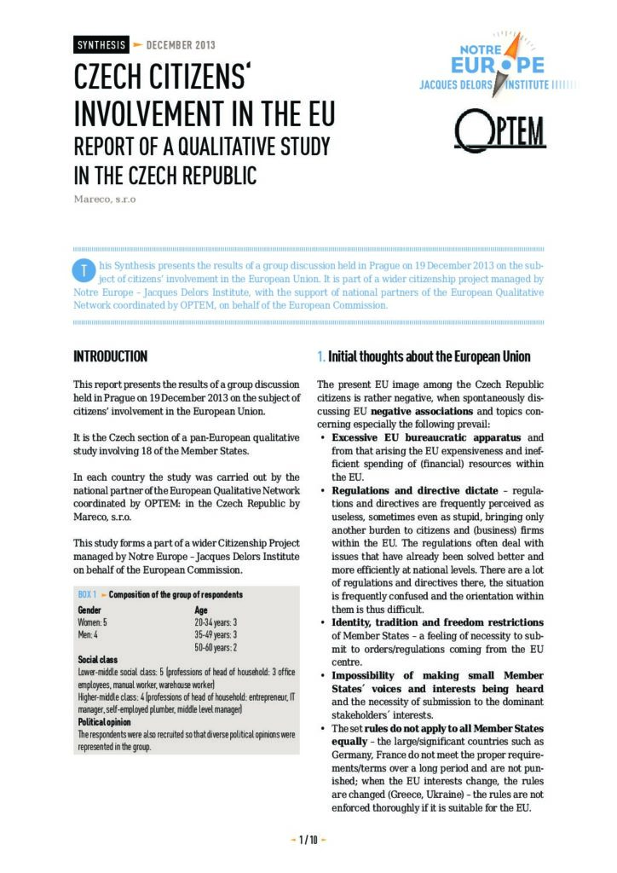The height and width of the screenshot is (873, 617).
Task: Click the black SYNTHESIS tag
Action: tap(101, 45)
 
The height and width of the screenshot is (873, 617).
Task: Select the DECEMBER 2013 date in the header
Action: tap(181, 45)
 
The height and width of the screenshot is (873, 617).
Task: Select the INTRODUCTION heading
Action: tap(110, 356)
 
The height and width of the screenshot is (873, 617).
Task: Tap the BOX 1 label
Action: tap(87, 594)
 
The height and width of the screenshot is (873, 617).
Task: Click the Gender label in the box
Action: tap(89, 610)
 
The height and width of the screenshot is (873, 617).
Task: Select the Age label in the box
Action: tap(201, 610)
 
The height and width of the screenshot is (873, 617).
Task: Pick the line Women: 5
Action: tap(93, 623)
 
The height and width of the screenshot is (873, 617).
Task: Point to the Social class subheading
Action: tap(98, 660)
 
